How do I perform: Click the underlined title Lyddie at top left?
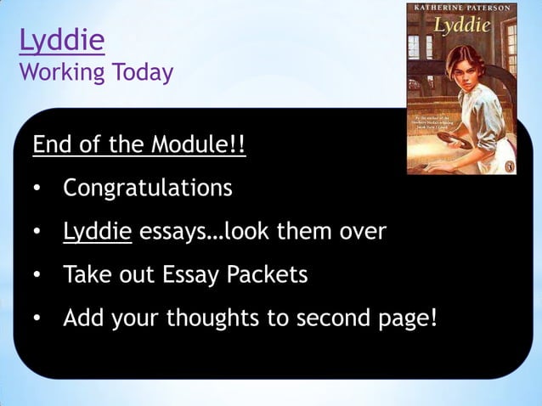(x=61, y=40)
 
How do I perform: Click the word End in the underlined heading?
(x=50, y=145)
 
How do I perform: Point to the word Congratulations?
(x=147, y=187)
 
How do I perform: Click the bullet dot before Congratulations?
(x=38, y=188)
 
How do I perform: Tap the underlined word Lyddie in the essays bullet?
(x=97, y=230)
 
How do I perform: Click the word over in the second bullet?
(x=361, y=231)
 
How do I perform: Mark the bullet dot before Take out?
(x=38, y=276)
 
